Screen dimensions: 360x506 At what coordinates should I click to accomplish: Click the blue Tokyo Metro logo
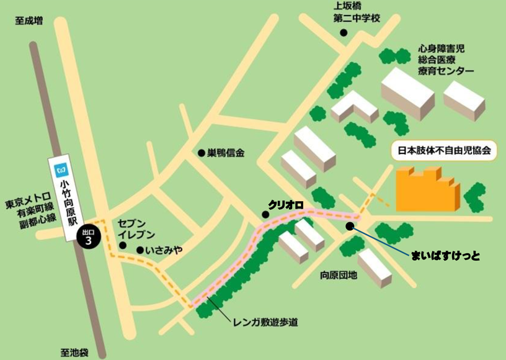(x=61, y=168)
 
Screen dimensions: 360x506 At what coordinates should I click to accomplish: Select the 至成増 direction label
(x=29, y=20)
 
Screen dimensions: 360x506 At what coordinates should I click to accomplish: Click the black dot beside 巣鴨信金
(x=201, y=153)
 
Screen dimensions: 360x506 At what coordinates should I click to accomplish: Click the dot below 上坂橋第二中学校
(x=344, y=33)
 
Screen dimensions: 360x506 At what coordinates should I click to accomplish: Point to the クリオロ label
(x=285, y=204)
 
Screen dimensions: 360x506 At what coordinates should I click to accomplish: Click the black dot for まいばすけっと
(x=350, y=226)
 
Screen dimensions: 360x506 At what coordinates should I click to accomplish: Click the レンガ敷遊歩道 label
(x=265, y=322)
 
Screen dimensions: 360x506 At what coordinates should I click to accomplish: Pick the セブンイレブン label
(x=131, y=228)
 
